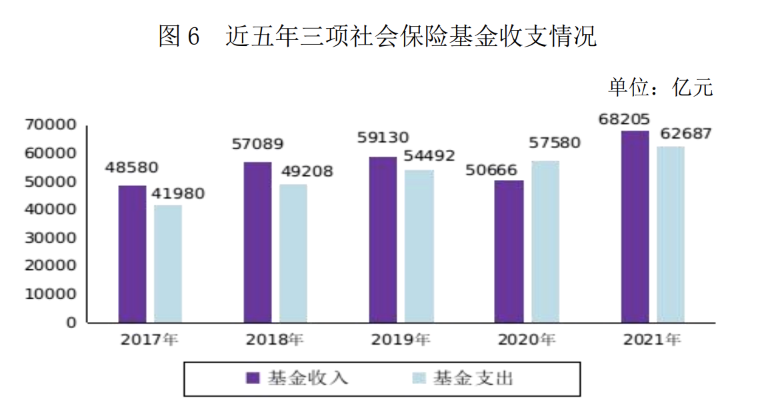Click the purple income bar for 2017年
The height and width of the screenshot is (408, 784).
pos(132,254)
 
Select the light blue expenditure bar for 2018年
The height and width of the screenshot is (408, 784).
pos(293,253)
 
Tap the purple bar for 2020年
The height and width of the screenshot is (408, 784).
pos(509,251)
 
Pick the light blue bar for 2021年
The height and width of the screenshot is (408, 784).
pos(671,235)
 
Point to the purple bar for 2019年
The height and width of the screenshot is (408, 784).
pos(383,240)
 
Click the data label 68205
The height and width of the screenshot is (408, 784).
pos(625,119)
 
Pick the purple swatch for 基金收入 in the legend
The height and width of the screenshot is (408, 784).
pos(253,379)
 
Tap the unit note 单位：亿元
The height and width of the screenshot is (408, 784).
pos(660,87)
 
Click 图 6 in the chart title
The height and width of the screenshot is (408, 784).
pos(179,37)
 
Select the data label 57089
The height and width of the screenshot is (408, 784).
pos(257,143)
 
